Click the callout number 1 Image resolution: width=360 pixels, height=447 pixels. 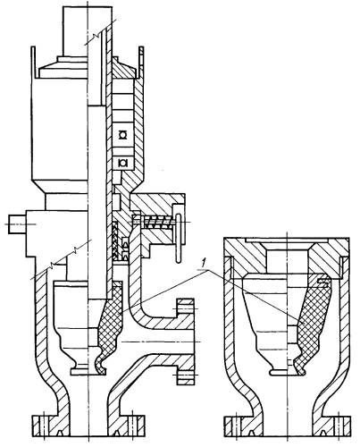[x=204, y=263]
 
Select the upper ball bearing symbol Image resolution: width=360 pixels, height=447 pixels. [x=122, y=135]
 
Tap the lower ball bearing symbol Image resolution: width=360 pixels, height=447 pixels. [x=122, y=163]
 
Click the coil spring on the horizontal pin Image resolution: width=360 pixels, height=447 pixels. [x=157, y=223]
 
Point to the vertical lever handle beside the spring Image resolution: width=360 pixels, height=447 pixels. [x=179, y=239]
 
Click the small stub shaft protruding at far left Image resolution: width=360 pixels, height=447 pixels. [x=17, y=224]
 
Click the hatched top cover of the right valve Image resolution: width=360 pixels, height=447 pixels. [x=287, y=257]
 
